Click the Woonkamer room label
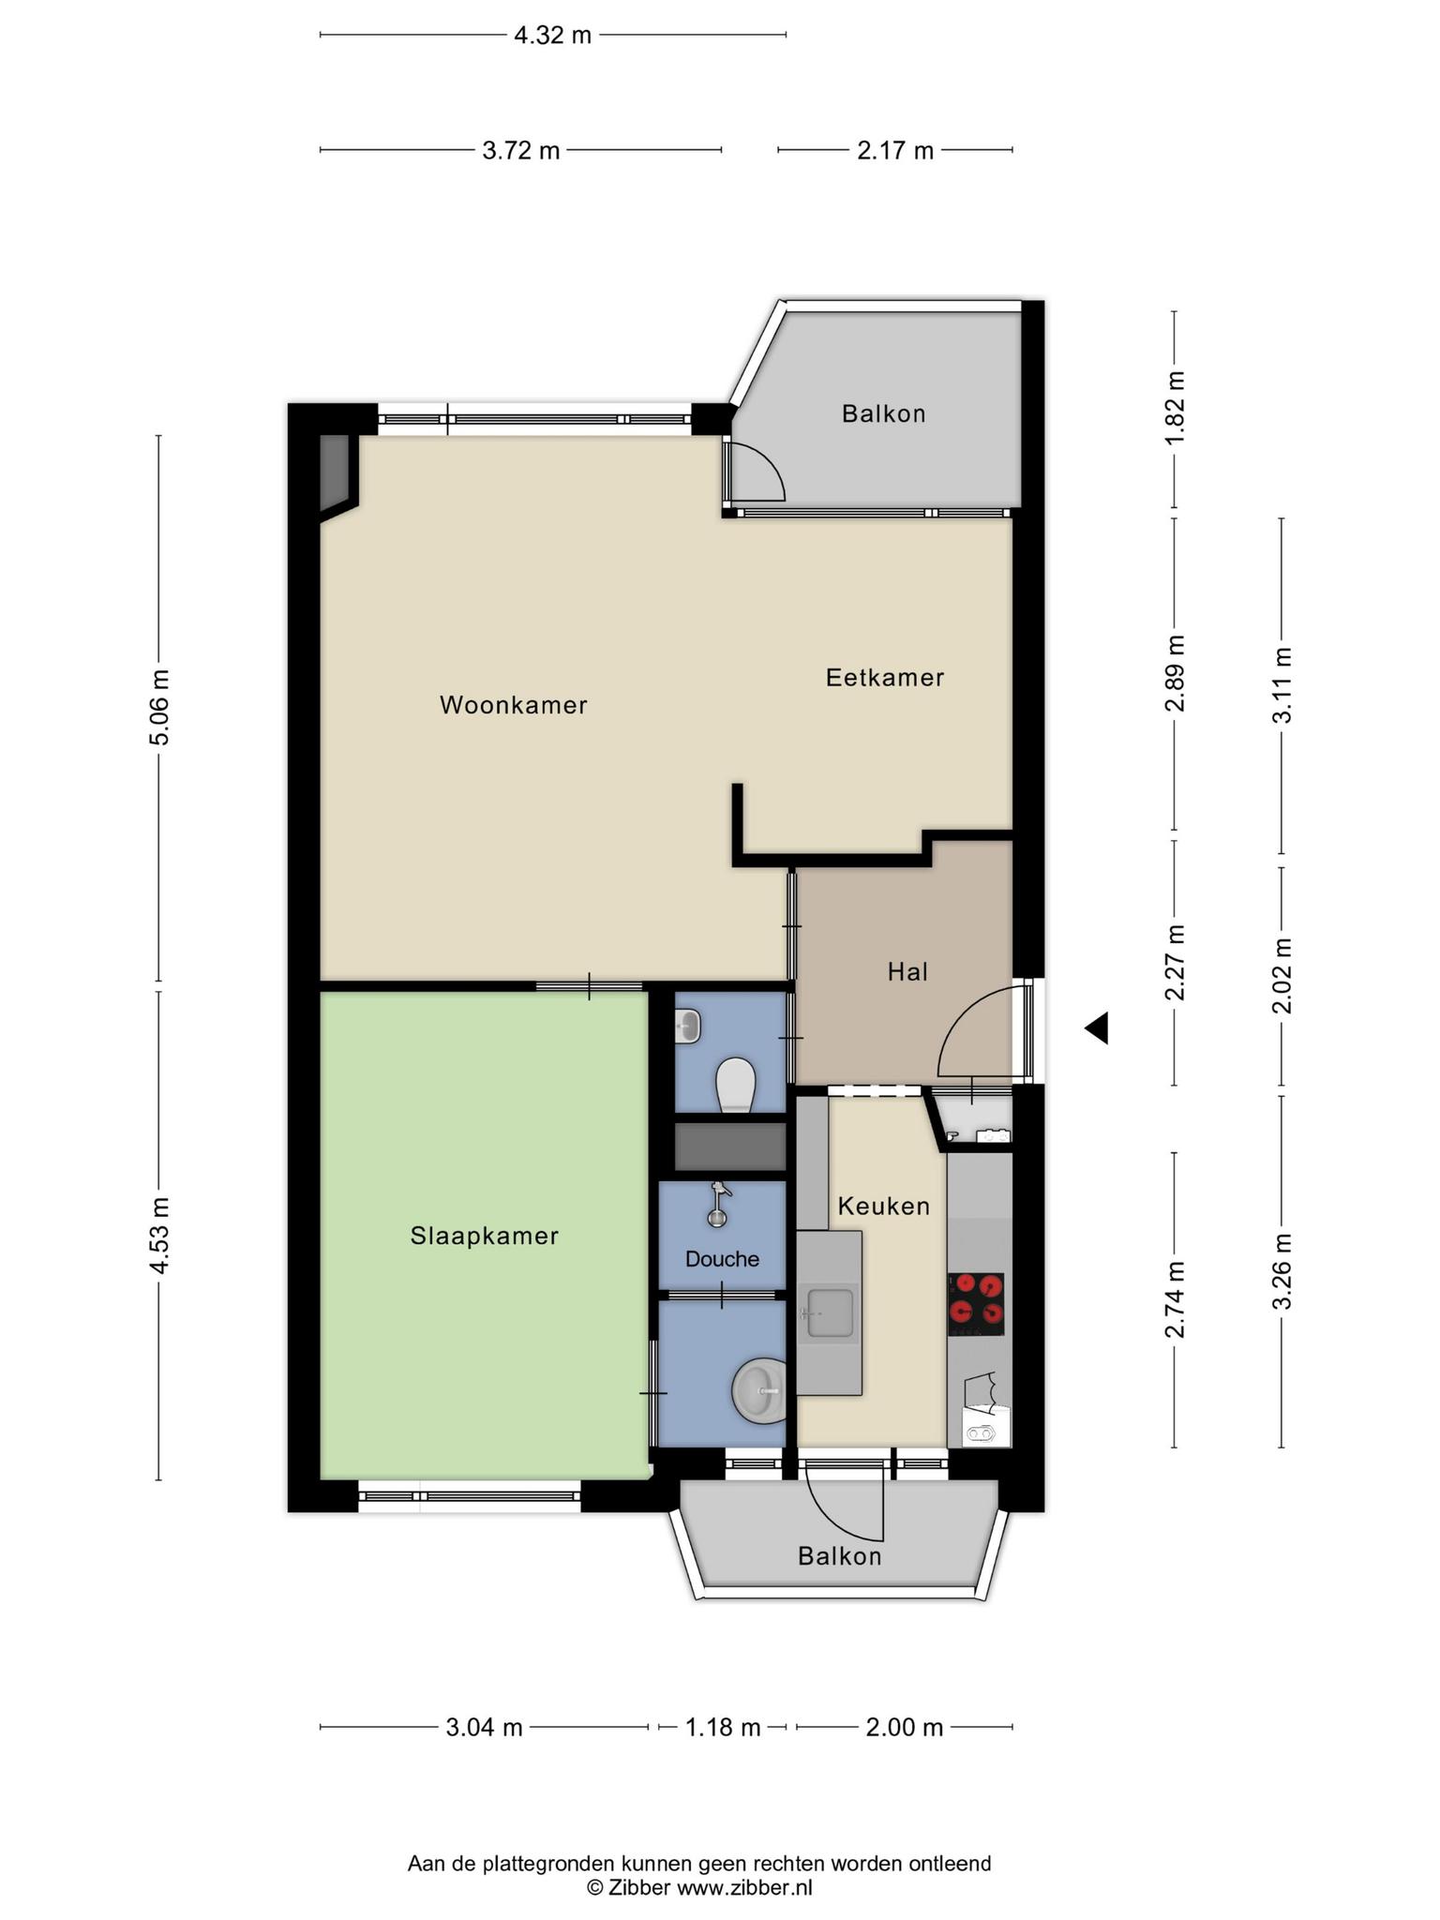[x=514, y=705]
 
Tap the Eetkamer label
[x=884, y=677]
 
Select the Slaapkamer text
[x=484, y=1236]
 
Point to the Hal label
[x=907, y=971]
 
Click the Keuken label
[x=884, y=1206]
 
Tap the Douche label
[x=722, y=1258]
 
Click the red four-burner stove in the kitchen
[x=975, y=1304]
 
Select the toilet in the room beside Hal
[x=735, y=1086]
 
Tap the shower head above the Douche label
[x=718, y=1204]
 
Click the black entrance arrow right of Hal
[x=1097, y=1028]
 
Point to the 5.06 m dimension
[x=159, y=708]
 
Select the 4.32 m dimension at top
[x=553, y=36]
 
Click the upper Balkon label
[x=883, y=413]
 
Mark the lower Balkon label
[x=840, y=1556]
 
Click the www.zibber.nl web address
[x=744, y=1887]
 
